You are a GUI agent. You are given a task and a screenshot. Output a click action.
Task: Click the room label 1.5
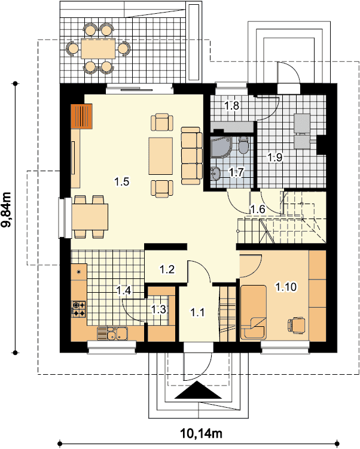pyautogui.click(x=122, y=181)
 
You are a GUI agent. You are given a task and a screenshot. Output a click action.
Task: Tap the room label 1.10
pyautogui.click(x=286, y=287)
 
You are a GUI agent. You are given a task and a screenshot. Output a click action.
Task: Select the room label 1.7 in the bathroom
pyautogui.click(x=237, y=172)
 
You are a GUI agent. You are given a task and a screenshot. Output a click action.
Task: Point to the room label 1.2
pyautogui.click(x=167, y=269)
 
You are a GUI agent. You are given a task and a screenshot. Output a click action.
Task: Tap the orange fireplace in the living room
pyautogui.click(x=81, y=116)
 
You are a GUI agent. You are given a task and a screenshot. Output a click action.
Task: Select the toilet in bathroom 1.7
pyautogui.click(x=243, y=145)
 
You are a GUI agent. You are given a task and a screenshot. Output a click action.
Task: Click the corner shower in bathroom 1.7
pyautogui.click(x=221, y=147)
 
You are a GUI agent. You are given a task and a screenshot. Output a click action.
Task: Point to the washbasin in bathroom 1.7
pyautogui.click(x=215, y=174)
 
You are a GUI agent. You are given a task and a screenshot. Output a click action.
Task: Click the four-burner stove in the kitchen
pyautogui.click(x=78, y=309)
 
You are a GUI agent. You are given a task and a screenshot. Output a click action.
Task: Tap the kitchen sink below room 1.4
pyautogui.click(x=112, y=333)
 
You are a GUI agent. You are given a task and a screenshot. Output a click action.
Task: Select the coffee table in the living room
pyautogui.click(x=161, y=156)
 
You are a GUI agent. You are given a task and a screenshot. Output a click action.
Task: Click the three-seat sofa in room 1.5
pyautogui.click(x=191, y=156)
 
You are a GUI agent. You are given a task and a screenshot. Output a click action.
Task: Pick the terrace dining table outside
pyautogui.click(x=98, y=48)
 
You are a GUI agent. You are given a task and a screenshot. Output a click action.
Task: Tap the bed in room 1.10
pyautogui.click(x=254, y=311)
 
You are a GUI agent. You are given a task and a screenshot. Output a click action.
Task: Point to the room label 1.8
pyautogui.click(x=231, y=105)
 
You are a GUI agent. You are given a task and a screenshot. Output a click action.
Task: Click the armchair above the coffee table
pyautogui.click(x=162, y=122)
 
